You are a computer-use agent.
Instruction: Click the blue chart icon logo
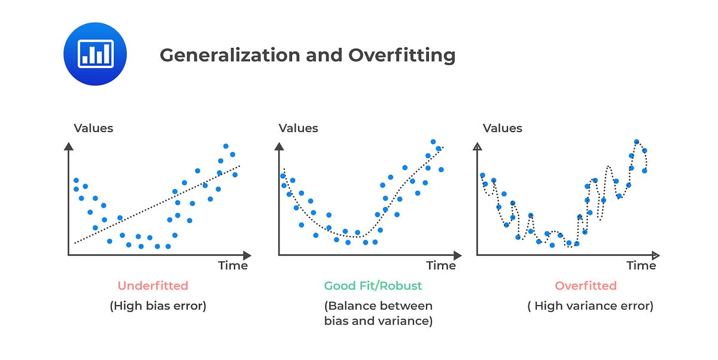(95, 54)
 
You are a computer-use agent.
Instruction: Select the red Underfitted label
(153, 286)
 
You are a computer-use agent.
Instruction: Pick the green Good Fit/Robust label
(373, 286)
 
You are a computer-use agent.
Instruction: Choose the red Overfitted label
(585, 286)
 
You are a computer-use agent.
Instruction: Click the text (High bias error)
(158, 306)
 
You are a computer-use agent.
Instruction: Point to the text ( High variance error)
(590, 306)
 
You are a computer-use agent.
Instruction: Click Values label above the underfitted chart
(93, 128)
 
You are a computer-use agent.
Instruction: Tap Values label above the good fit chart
(299, 128)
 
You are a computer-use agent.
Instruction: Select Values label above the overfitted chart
(503, 128)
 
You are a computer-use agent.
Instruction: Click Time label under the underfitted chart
(233, 265)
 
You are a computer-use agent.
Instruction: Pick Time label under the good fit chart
(441, 265)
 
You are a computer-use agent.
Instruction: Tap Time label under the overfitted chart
(641, 265)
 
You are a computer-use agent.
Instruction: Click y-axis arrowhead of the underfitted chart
(68, 147)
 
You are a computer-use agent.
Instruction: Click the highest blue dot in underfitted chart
(226, 146)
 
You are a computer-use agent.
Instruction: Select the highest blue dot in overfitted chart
(637, 142)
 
